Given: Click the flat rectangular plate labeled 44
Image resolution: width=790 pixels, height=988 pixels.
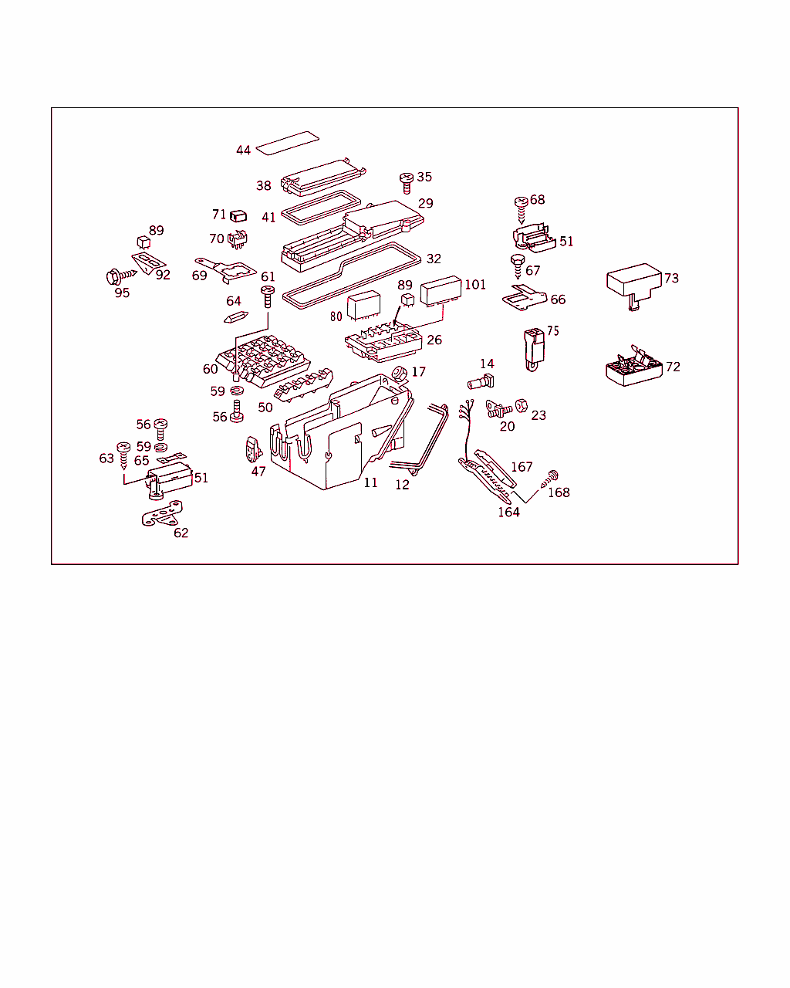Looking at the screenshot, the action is click(x=287, y=143).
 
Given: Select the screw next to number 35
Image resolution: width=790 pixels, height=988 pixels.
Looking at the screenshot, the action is click(x=407, y=183).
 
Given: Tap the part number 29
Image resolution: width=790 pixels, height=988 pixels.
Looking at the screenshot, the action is click(x=426, y=203).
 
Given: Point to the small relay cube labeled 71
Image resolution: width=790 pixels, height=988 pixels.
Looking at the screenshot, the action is click(x=238, y=216).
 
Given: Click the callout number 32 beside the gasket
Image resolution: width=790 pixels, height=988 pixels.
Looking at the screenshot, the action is click(x=434, y=259).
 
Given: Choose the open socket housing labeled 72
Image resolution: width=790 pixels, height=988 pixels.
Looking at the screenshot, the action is click(x=634, y=367).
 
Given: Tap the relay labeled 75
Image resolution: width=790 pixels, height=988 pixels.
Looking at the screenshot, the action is click(x=534, y=350).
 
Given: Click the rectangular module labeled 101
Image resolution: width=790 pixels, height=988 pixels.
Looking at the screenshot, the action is click(x=441, y=291).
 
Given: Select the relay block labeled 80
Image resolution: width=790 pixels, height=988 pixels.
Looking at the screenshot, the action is click(x=363, y=305).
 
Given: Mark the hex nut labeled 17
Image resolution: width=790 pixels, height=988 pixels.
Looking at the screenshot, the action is click(x=400, y=374).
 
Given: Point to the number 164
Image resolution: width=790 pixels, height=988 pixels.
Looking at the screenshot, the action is click(x=508, y=512).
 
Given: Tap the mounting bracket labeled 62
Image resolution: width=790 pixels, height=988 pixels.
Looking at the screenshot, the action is click(x=161, y=514).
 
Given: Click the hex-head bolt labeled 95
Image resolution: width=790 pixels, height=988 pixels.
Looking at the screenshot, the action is click(x=120, y=276).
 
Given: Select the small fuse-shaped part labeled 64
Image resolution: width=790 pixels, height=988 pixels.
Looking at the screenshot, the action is click(x=236, y=317).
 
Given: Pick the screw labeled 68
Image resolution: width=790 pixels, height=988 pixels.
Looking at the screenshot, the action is click(x=521, y=210).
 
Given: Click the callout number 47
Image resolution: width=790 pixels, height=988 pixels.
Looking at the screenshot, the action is click(x=258, y=471).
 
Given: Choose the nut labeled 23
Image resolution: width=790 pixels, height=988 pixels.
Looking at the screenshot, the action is click(x=521, y=406).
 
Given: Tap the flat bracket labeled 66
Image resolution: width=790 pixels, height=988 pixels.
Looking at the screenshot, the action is click(x=525, y=298).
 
